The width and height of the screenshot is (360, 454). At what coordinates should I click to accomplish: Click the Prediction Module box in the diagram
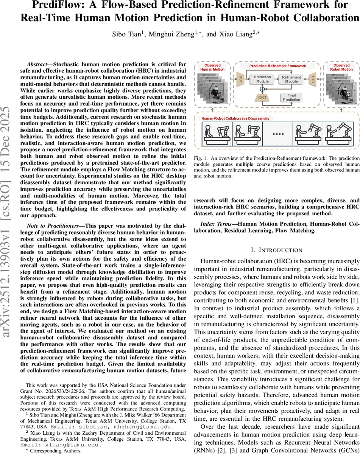pyautogui.click(x=262, y=79)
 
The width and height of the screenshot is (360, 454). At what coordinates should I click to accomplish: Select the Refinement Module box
pyautogui.click(x=291, y=79)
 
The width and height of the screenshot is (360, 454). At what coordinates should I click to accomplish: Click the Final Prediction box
pyautogui.click(x=291, y=98)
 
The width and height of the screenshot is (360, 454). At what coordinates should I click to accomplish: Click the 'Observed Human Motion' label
pyautogui.click(x=212, y=67)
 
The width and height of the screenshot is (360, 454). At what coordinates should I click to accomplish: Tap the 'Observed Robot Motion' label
pyautogui.click(x=341, y=67)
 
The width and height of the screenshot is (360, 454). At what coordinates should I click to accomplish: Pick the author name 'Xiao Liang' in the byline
pyautogui.click(x=221, y=34)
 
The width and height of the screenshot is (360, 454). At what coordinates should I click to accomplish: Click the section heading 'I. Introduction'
pyautogui.click(x=277, y=250)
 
